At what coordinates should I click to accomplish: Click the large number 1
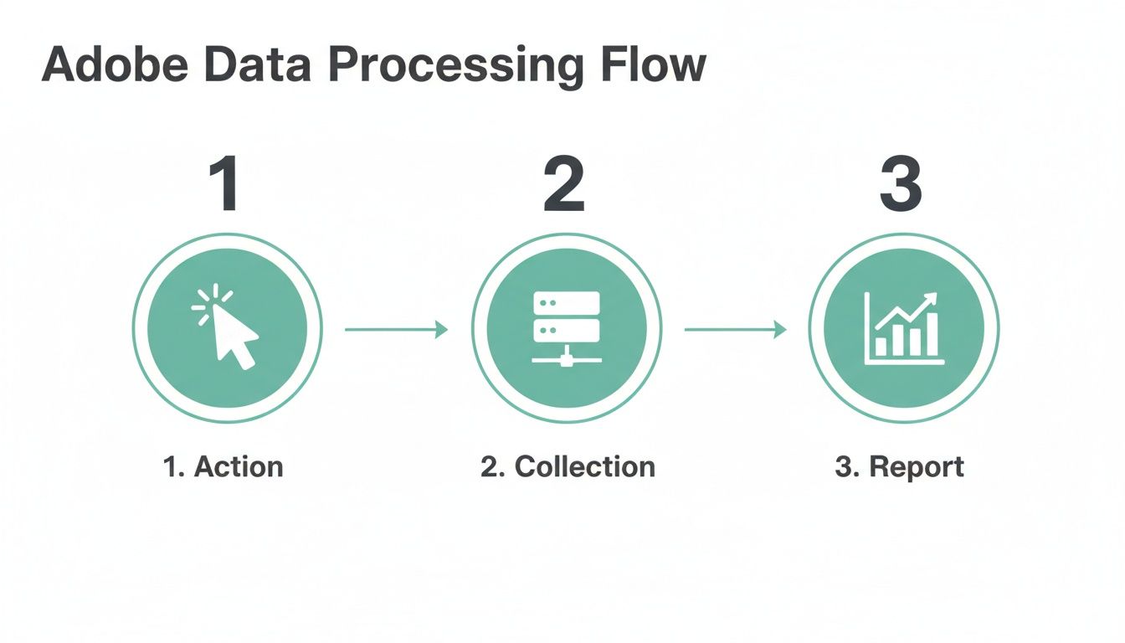223,183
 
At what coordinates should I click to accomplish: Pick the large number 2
563,183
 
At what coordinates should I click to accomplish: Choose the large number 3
901,183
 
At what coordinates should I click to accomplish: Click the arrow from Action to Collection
396,330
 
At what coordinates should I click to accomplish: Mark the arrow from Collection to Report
735,330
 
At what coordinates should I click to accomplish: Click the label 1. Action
223,466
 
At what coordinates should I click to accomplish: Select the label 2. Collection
568,466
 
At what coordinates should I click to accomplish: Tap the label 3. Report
899,466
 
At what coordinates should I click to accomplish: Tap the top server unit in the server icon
567,302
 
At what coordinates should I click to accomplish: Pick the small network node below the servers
567,361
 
